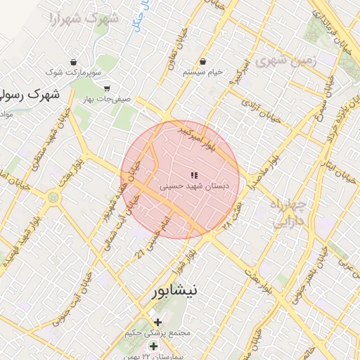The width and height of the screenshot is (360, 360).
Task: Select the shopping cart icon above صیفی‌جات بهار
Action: pos(106,89)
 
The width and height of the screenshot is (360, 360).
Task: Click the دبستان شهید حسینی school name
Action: pos(195,186)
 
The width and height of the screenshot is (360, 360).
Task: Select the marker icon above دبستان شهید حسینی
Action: pos(194,175)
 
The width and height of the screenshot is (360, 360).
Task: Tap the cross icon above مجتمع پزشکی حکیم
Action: pos(157,322)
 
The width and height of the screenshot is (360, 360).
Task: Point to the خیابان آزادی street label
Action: pos(261,111)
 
